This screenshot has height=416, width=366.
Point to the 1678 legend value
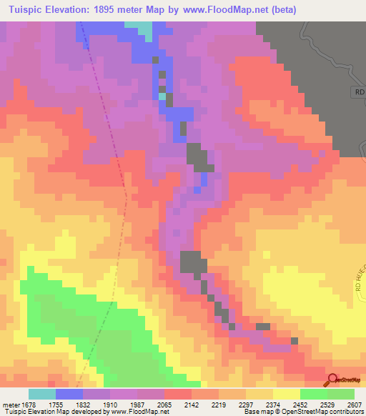[x=28, y=405]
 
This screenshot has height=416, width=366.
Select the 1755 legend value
[x=56, y=405]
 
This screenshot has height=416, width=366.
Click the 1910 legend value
[x=110, y=405]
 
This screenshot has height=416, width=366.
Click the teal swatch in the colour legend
[x=42, y=394]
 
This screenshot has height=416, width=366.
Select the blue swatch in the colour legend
[x=69, y=394]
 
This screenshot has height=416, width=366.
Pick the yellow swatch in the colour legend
[x=287, y=394]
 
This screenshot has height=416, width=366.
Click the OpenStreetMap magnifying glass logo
[x=331, y=380]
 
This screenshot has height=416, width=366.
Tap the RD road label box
[x=359, y=93]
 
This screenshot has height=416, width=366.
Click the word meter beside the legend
[x=11, y=405]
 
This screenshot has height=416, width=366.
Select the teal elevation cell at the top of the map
[x=143, y=30]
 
